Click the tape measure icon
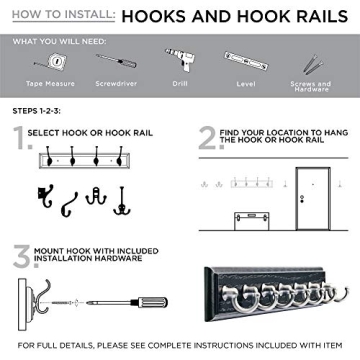40,62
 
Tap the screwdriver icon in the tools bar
109,62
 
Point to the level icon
247,63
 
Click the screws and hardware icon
318,62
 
